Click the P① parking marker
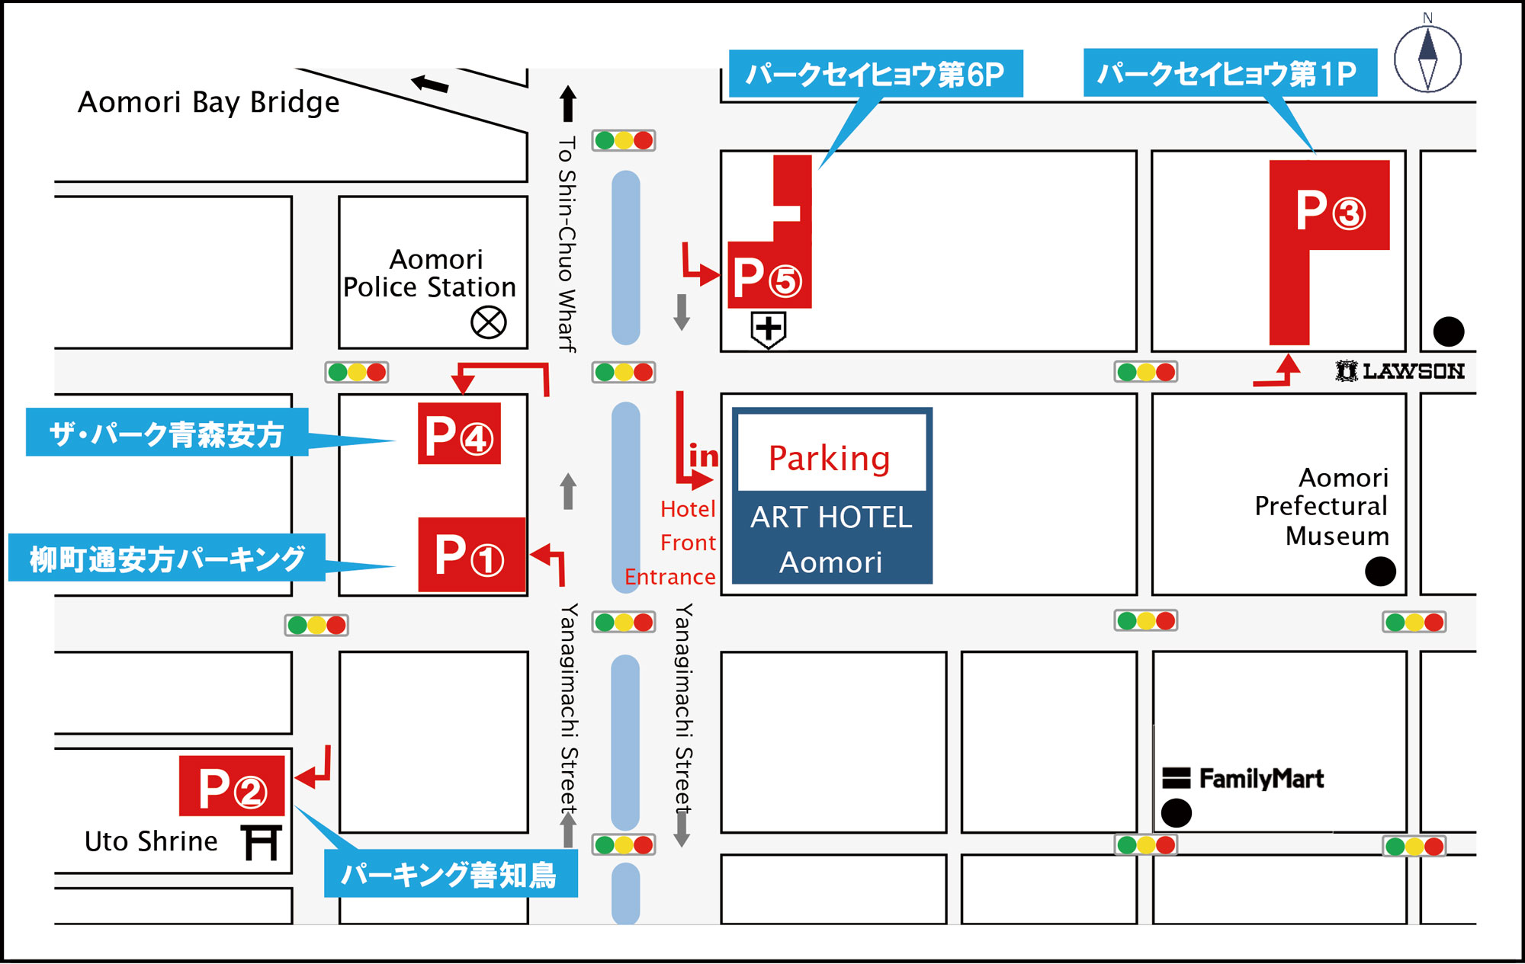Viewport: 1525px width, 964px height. point(472,555)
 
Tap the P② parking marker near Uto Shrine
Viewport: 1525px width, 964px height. point(232,786)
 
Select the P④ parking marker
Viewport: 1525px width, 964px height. point(459,434)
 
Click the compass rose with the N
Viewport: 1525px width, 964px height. point(1427,56)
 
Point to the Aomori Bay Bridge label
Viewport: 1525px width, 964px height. point(209,102)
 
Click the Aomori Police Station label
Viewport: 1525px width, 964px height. point(430,274)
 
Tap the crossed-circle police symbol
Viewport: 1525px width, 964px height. point(489,322)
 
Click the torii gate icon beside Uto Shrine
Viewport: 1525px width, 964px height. point(262,843)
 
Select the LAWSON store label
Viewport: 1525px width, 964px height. point(1400,371)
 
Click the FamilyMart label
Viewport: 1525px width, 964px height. point(1244,778)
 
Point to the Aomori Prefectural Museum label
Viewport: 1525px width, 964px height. point(1322,506)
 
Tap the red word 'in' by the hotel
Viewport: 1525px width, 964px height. point(703,456)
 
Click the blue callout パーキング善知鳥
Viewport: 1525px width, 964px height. point(450,874)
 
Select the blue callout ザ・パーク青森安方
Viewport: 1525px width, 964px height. point(167,432)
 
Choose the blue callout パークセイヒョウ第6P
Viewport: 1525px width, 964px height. point(875,74)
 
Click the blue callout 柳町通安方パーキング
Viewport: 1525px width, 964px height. point(167,558)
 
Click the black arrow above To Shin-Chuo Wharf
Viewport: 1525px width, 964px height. point(567,104)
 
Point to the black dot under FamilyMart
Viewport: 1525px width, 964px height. point(1177,813)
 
